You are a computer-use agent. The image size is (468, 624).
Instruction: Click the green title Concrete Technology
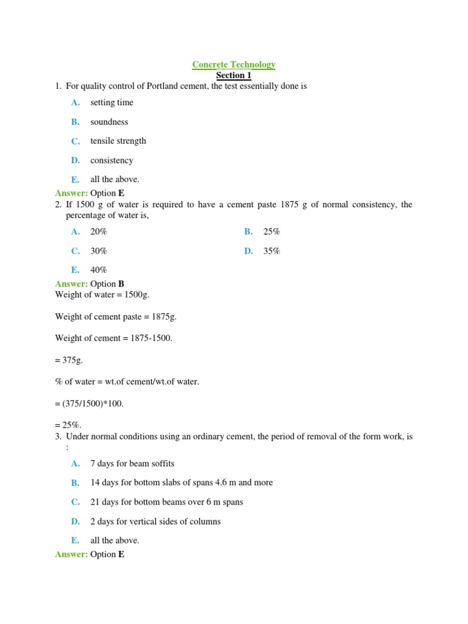(234, 65)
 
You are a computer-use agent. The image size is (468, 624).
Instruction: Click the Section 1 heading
(234, 76)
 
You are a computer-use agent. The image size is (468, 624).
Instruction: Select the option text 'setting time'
(112, 102)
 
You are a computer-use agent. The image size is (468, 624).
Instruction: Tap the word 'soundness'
(109, 122)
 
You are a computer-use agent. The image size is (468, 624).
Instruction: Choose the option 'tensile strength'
(118, 141)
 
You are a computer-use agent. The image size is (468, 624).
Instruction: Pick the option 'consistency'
(112, 160)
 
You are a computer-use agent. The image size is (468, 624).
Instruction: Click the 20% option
(99, 232)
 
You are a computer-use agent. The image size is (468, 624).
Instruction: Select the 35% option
(272, 251)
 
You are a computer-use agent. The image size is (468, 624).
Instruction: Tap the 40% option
(99, 270)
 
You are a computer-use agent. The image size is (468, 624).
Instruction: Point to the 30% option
(99, 251)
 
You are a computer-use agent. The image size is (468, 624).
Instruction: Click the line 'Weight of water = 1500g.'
(102, 295)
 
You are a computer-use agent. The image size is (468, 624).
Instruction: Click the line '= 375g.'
(68, 360)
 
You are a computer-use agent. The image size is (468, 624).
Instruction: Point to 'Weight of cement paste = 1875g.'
(116, 317)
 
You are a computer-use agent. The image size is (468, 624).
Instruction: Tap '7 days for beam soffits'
(132, 464)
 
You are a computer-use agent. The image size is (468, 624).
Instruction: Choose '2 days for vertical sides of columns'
(155, 522)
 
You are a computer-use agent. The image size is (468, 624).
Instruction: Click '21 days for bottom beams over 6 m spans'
(166, 502)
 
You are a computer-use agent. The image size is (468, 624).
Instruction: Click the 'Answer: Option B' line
(90, 284)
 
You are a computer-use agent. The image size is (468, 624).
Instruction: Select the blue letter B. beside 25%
(248, 232)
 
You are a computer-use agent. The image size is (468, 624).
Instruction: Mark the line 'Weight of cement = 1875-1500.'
(114, 338)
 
